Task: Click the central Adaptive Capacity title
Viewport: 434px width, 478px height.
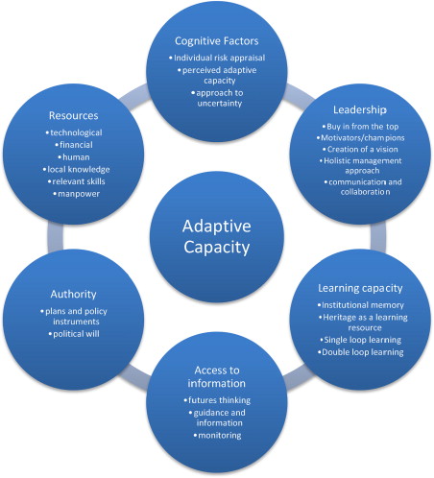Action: (217, 236)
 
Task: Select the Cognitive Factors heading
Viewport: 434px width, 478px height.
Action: (217, 41)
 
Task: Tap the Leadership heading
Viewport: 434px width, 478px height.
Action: (360, 109)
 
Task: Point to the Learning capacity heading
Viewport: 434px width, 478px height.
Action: (360, 288)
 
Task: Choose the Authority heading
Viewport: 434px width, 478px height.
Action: (73, 295)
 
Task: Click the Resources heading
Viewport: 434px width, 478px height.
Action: (73, 115)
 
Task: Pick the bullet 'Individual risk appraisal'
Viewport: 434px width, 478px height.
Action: (217, 58)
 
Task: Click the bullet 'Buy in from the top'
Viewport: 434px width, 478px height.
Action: (360, 127)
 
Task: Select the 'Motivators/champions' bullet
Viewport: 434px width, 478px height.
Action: (360, 138)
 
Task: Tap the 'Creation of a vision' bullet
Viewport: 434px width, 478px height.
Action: (360, 150)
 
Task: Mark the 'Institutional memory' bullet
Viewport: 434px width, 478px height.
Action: (360, 305)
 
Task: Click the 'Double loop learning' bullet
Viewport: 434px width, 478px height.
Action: (360, 352)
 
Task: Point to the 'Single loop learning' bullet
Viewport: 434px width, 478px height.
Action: (360, 340)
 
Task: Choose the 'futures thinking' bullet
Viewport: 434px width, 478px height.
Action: (217, 400)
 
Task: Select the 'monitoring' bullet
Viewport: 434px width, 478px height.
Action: (217, 436)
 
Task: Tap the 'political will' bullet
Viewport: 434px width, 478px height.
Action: (74, 334)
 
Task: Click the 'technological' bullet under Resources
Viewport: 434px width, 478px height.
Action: (74, 132)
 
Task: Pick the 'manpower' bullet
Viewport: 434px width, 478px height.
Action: (76, 194)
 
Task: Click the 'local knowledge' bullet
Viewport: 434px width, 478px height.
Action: (76, 170)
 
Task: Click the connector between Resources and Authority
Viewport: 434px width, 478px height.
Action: (55, 237)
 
